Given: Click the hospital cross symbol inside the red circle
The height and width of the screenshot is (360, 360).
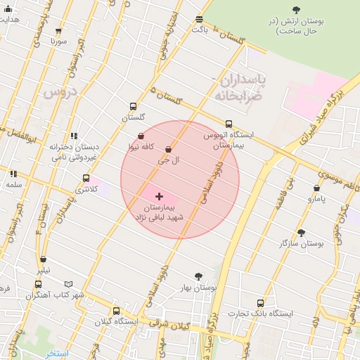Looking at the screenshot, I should [x=159, y=196].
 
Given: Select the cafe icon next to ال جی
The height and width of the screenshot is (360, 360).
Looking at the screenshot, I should [x=168, y=150].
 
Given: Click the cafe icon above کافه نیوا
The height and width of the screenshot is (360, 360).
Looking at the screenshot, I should [x=141, y=136].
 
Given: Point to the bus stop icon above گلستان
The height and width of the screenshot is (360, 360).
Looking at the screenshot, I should [x=133, y=107].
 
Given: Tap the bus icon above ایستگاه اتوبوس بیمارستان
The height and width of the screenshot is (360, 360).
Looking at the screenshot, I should [x=229, y=124].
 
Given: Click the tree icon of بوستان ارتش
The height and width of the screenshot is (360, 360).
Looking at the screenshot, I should [x=296, y=10].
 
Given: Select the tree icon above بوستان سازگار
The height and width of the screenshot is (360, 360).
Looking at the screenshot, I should [x=302, y=233].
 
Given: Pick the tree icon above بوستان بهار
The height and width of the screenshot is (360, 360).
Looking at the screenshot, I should [x=198, y=277].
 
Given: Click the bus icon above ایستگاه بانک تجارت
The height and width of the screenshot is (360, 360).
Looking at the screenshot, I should [x=260, y=303].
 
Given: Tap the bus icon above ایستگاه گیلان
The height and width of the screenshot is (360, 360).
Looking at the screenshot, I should [x=117, y=311].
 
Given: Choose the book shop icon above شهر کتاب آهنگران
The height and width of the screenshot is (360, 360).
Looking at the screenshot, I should [x=38, y=284].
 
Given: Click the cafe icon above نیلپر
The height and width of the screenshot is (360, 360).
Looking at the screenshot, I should [x=44, y=259].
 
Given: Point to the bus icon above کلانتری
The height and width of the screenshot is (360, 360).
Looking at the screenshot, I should [x=86, y=179].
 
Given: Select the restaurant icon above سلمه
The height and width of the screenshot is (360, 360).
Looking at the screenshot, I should [x=13, y=174].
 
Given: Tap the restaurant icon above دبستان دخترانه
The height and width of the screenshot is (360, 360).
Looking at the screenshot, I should [x=74, y=136].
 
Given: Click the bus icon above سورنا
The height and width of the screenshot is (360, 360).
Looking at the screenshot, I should [x=58, y=31].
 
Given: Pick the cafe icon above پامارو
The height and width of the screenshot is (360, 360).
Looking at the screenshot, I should [x=317, y=188].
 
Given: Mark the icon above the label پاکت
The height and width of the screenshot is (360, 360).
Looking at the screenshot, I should [x=200, y=19].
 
